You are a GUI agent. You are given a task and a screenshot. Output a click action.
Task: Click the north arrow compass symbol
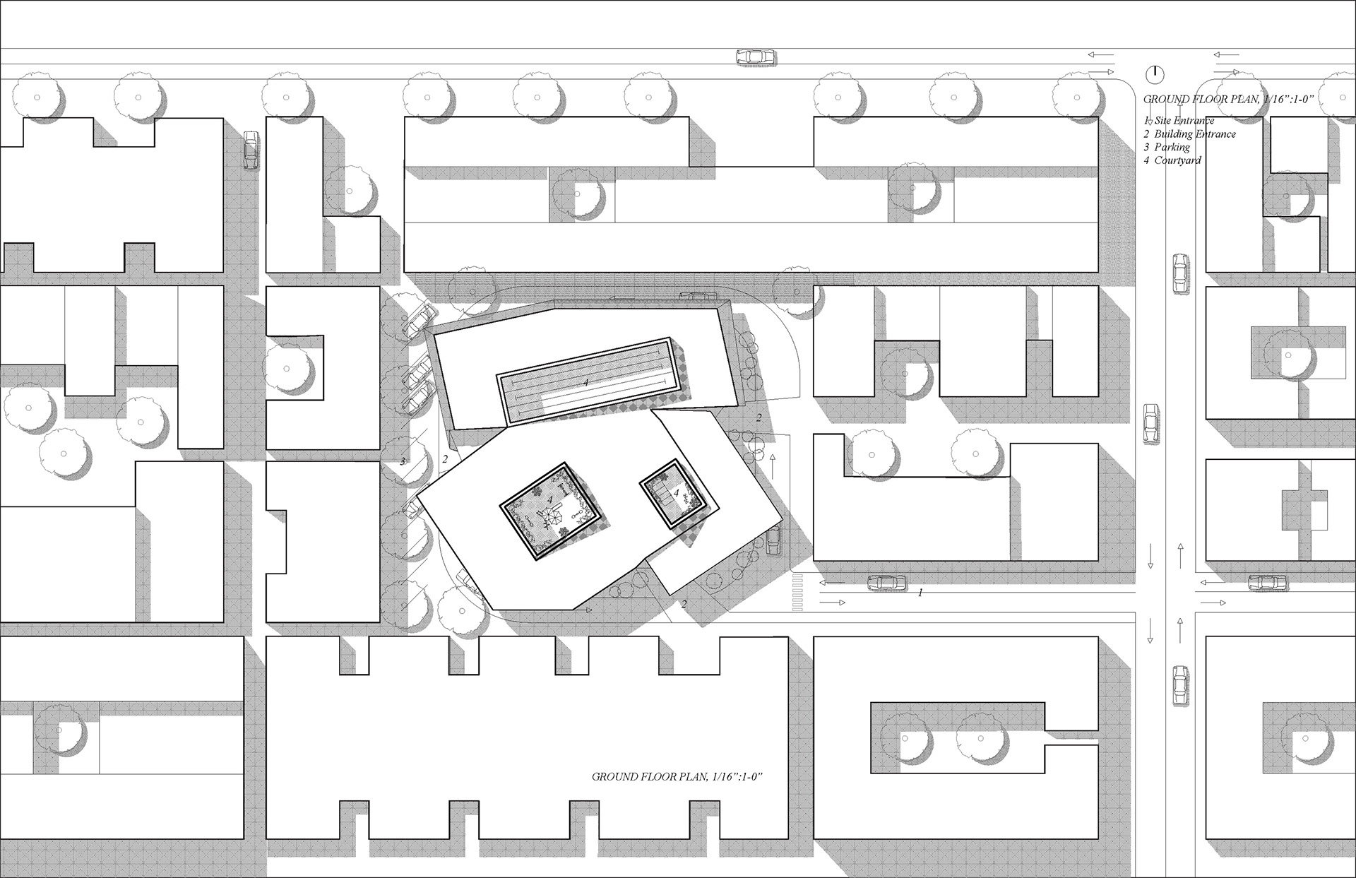click(x=1155, y=73)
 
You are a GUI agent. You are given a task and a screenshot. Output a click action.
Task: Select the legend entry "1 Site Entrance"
click(x=1179, y=121)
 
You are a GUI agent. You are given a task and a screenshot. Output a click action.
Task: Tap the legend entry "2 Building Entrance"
click(x=1189, y=134)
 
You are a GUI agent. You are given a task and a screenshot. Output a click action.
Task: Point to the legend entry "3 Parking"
click(x=1167, y=147)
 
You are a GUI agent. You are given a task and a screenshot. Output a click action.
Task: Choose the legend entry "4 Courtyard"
click(x=1172, y=160)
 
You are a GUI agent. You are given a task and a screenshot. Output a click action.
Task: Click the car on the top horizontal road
click(x=756, y=57)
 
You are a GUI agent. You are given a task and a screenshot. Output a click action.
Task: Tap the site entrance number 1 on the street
click(x=920, y=593)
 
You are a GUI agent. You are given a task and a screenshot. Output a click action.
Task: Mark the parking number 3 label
click(x=403, y=462)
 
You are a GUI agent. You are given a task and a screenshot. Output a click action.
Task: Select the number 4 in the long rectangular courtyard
click(x=585, y=382)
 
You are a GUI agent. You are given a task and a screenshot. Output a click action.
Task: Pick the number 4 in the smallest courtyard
click(x=676, y=494)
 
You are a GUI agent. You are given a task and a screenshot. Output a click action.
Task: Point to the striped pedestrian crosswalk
click(x=798, y=592)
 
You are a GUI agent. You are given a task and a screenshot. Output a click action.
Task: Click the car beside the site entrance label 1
click(x=886, y=583)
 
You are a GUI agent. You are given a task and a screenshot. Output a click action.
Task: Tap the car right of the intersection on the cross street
click(x=1268, y=583)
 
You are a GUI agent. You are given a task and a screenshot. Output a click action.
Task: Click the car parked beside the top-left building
click(x=251, y=150)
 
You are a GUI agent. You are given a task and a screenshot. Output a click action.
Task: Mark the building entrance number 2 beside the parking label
click(x=445, y=459)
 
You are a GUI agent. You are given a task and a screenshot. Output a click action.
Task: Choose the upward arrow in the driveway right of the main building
click(x=773, y=465)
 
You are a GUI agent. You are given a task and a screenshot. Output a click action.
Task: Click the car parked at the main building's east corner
click(x=773, y=540)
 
